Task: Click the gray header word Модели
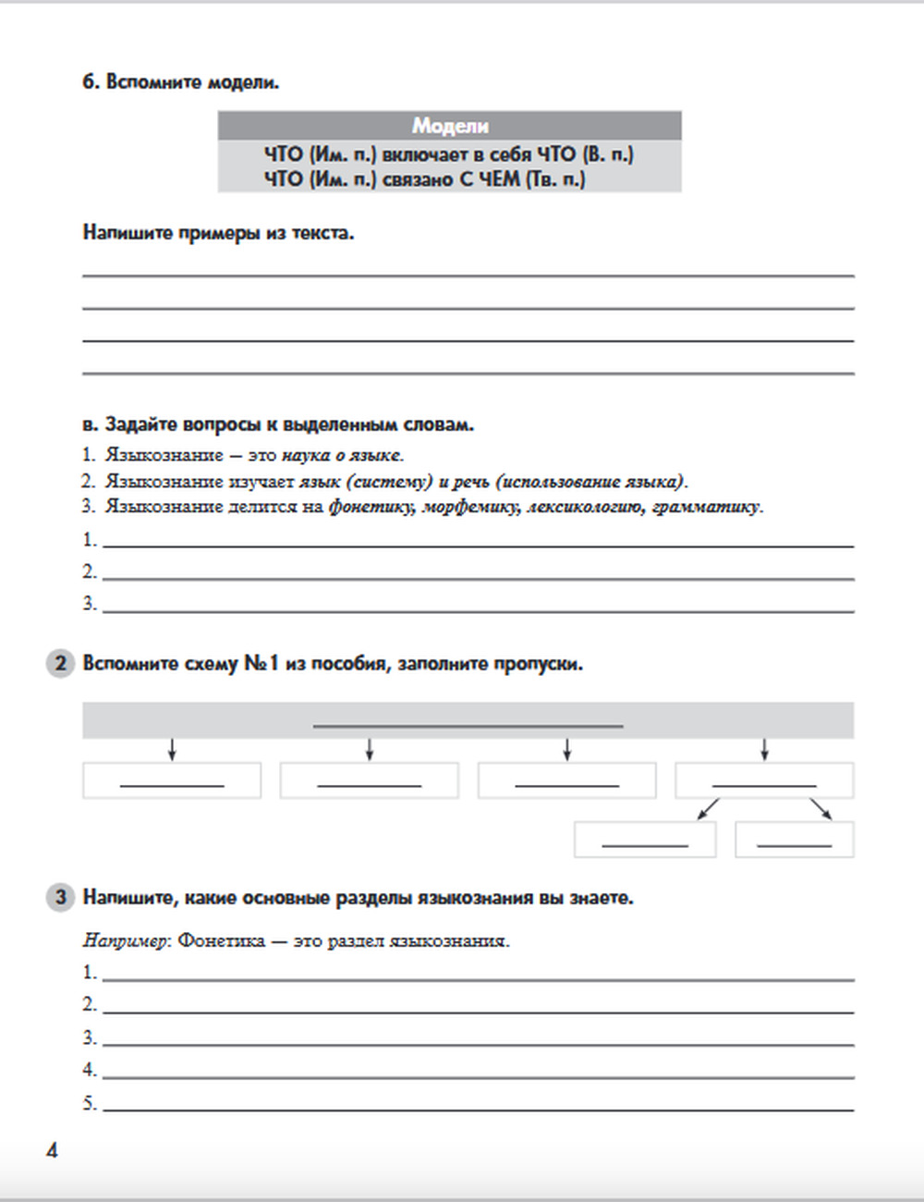(x=450, y=126)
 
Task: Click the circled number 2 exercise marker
(x=60, y=664)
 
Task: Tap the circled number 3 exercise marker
(x=60, y=897)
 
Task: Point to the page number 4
(x=52, y=1150)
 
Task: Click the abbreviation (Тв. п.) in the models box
(x=555, y=179)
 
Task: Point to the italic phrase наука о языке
(x=342, y=455)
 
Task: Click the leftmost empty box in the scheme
(x=172, y=780)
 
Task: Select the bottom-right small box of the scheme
(x=795, y=840)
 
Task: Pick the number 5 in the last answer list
(x=89, y=1103)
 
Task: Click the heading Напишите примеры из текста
(x=219, y=233)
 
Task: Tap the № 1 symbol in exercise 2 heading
(x=261, y=664)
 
